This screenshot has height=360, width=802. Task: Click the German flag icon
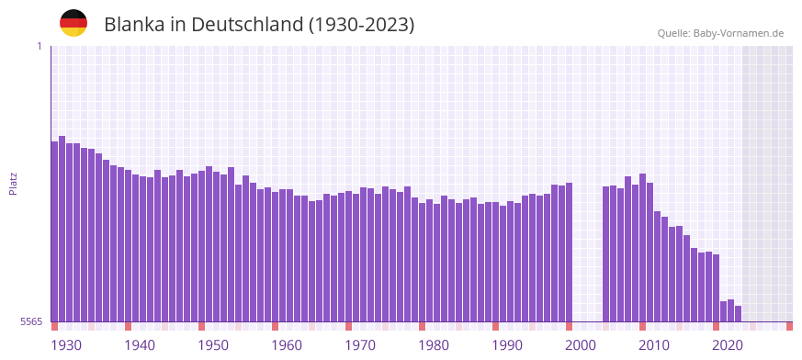click(x=73, y=23)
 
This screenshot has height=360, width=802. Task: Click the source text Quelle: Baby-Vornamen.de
click(x=720, y=33)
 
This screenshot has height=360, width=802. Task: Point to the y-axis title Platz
click(x=13, y=184)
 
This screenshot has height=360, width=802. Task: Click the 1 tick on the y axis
click(x=39, y=46)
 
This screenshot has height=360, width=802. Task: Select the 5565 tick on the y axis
click(x=30, y=321)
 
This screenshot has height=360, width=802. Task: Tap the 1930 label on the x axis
click(x=66, y=345)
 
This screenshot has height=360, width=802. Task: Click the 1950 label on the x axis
click(x=213, y=345)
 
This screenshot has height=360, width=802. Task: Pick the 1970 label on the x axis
click(x=360, y=345)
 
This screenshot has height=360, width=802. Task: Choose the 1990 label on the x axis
click(x=507, y=345)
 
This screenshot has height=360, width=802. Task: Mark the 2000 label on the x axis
click(x=581, y=345)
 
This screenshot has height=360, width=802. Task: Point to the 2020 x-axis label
click(x=728, y=345)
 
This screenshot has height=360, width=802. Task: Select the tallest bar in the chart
click(x=62, y=229)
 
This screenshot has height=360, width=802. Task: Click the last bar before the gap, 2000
click(x=570, y=253)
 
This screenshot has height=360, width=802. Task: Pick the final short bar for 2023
click(x=739, y=313)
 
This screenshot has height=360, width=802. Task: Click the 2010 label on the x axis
click(x=654, y=345)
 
